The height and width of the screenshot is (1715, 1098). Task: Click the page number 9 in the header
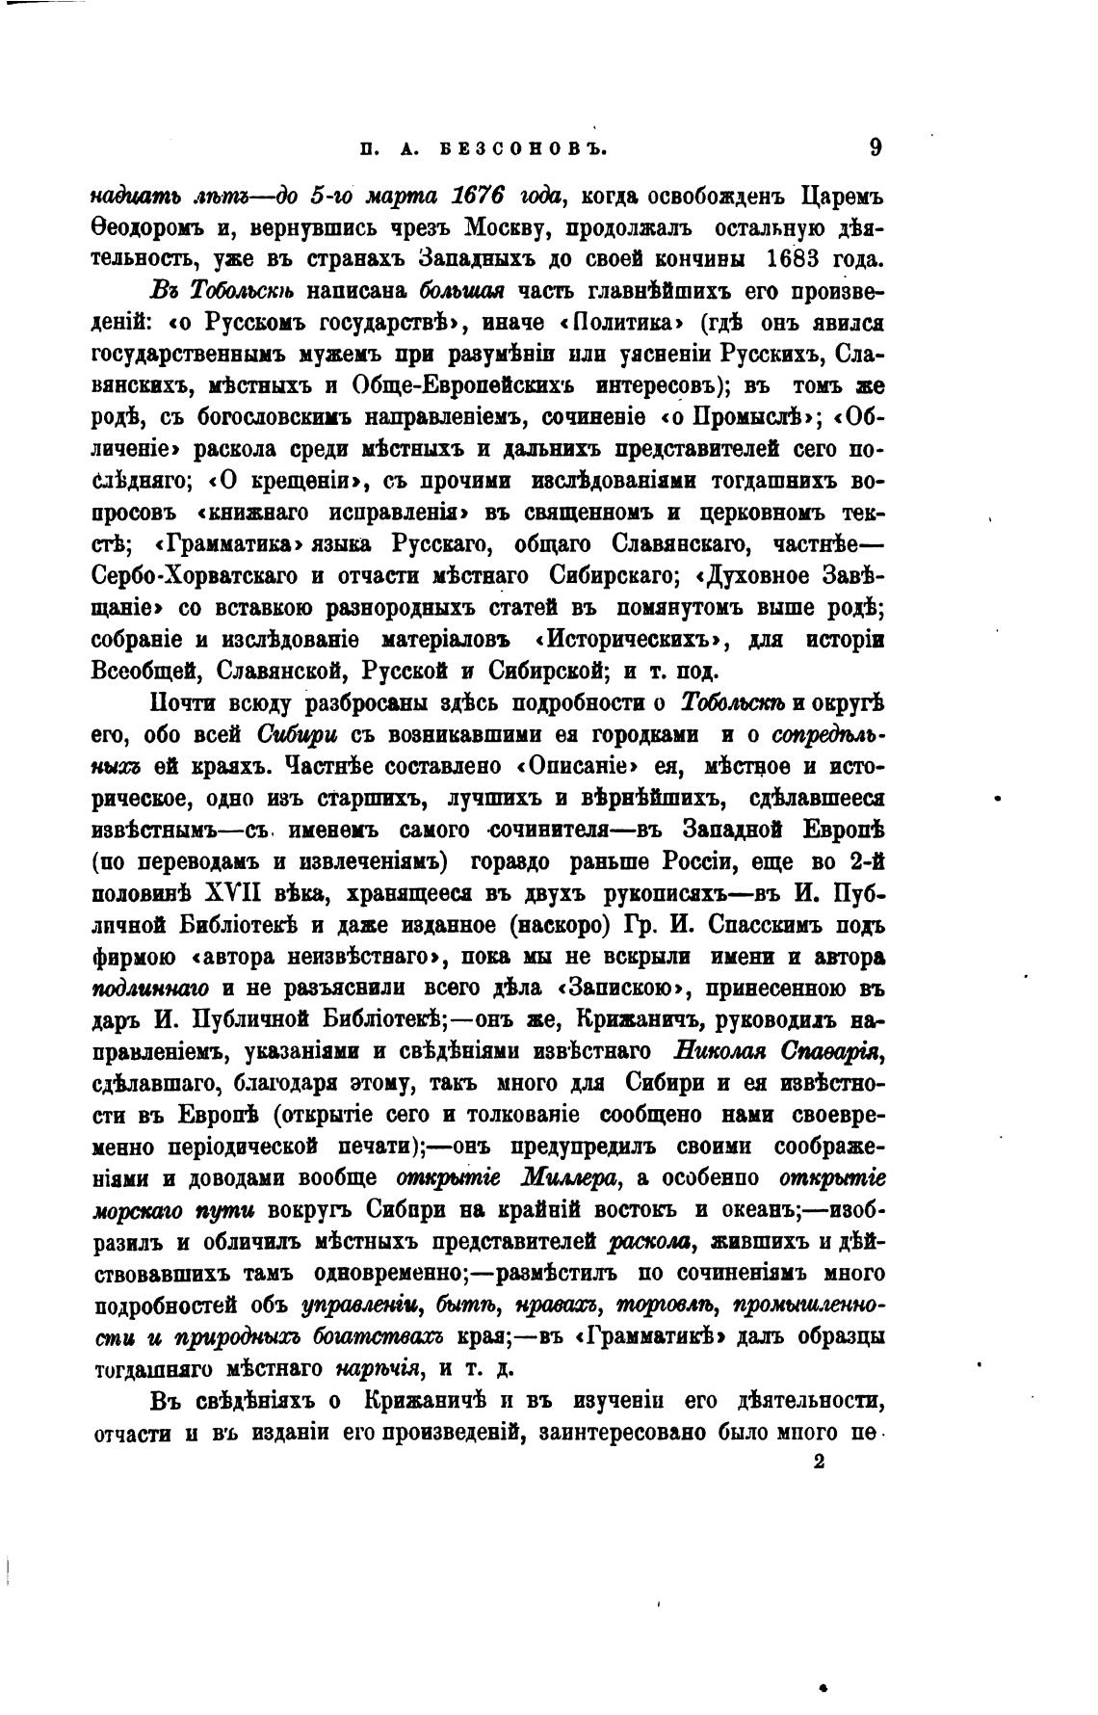[875, 147]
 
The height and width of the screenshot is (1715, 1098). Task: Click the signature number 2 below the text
[819, 1462]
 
